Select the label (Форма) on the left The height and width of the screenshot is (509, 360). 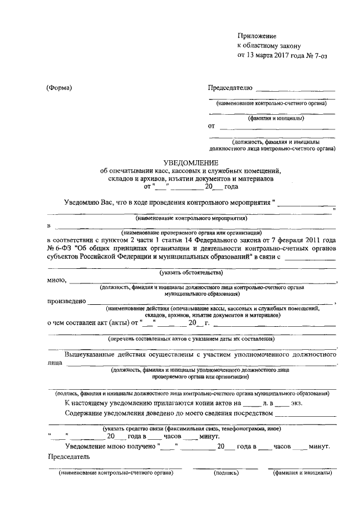(60, 88)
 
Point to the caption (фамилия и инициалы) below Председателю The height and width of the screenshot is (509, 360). (277, 119)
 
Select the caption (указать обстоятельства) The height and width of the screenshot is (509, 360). (191, 272)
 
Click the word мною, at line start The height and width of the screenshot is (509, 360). (58, 280)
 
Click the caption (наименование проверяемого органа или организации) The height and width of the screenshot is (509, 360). (191, 232)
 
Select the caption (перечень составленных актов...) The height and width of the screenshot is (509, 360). (191, 339)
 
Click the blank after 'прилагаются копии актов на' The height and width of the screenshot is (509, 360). (253, 403)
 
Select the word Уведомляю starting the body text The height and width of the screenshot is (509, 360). (83, 201)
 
